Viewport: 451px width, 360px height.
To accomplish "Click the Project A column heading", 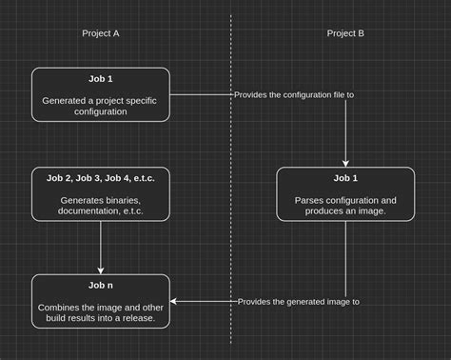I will point(101,33).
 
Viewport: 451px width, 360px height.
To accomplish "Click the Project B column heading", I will point(345,33).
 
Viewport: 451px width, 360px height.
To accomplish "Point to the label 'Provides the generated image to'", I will point(298,301).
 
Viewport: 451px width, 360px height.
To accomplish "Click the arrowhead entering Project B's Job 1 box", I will point(345,163).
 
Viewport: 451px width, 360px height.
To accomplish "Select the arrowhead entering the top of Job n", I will point(101,270).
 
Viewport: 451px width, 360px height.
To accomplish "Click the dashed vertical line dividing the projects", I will point(230,190).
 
